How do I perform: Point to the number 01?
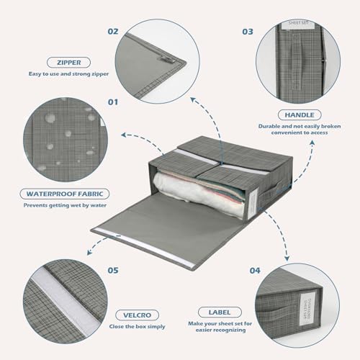112,102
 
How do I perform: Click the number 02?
112,32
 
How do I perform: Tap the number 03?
248,32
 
